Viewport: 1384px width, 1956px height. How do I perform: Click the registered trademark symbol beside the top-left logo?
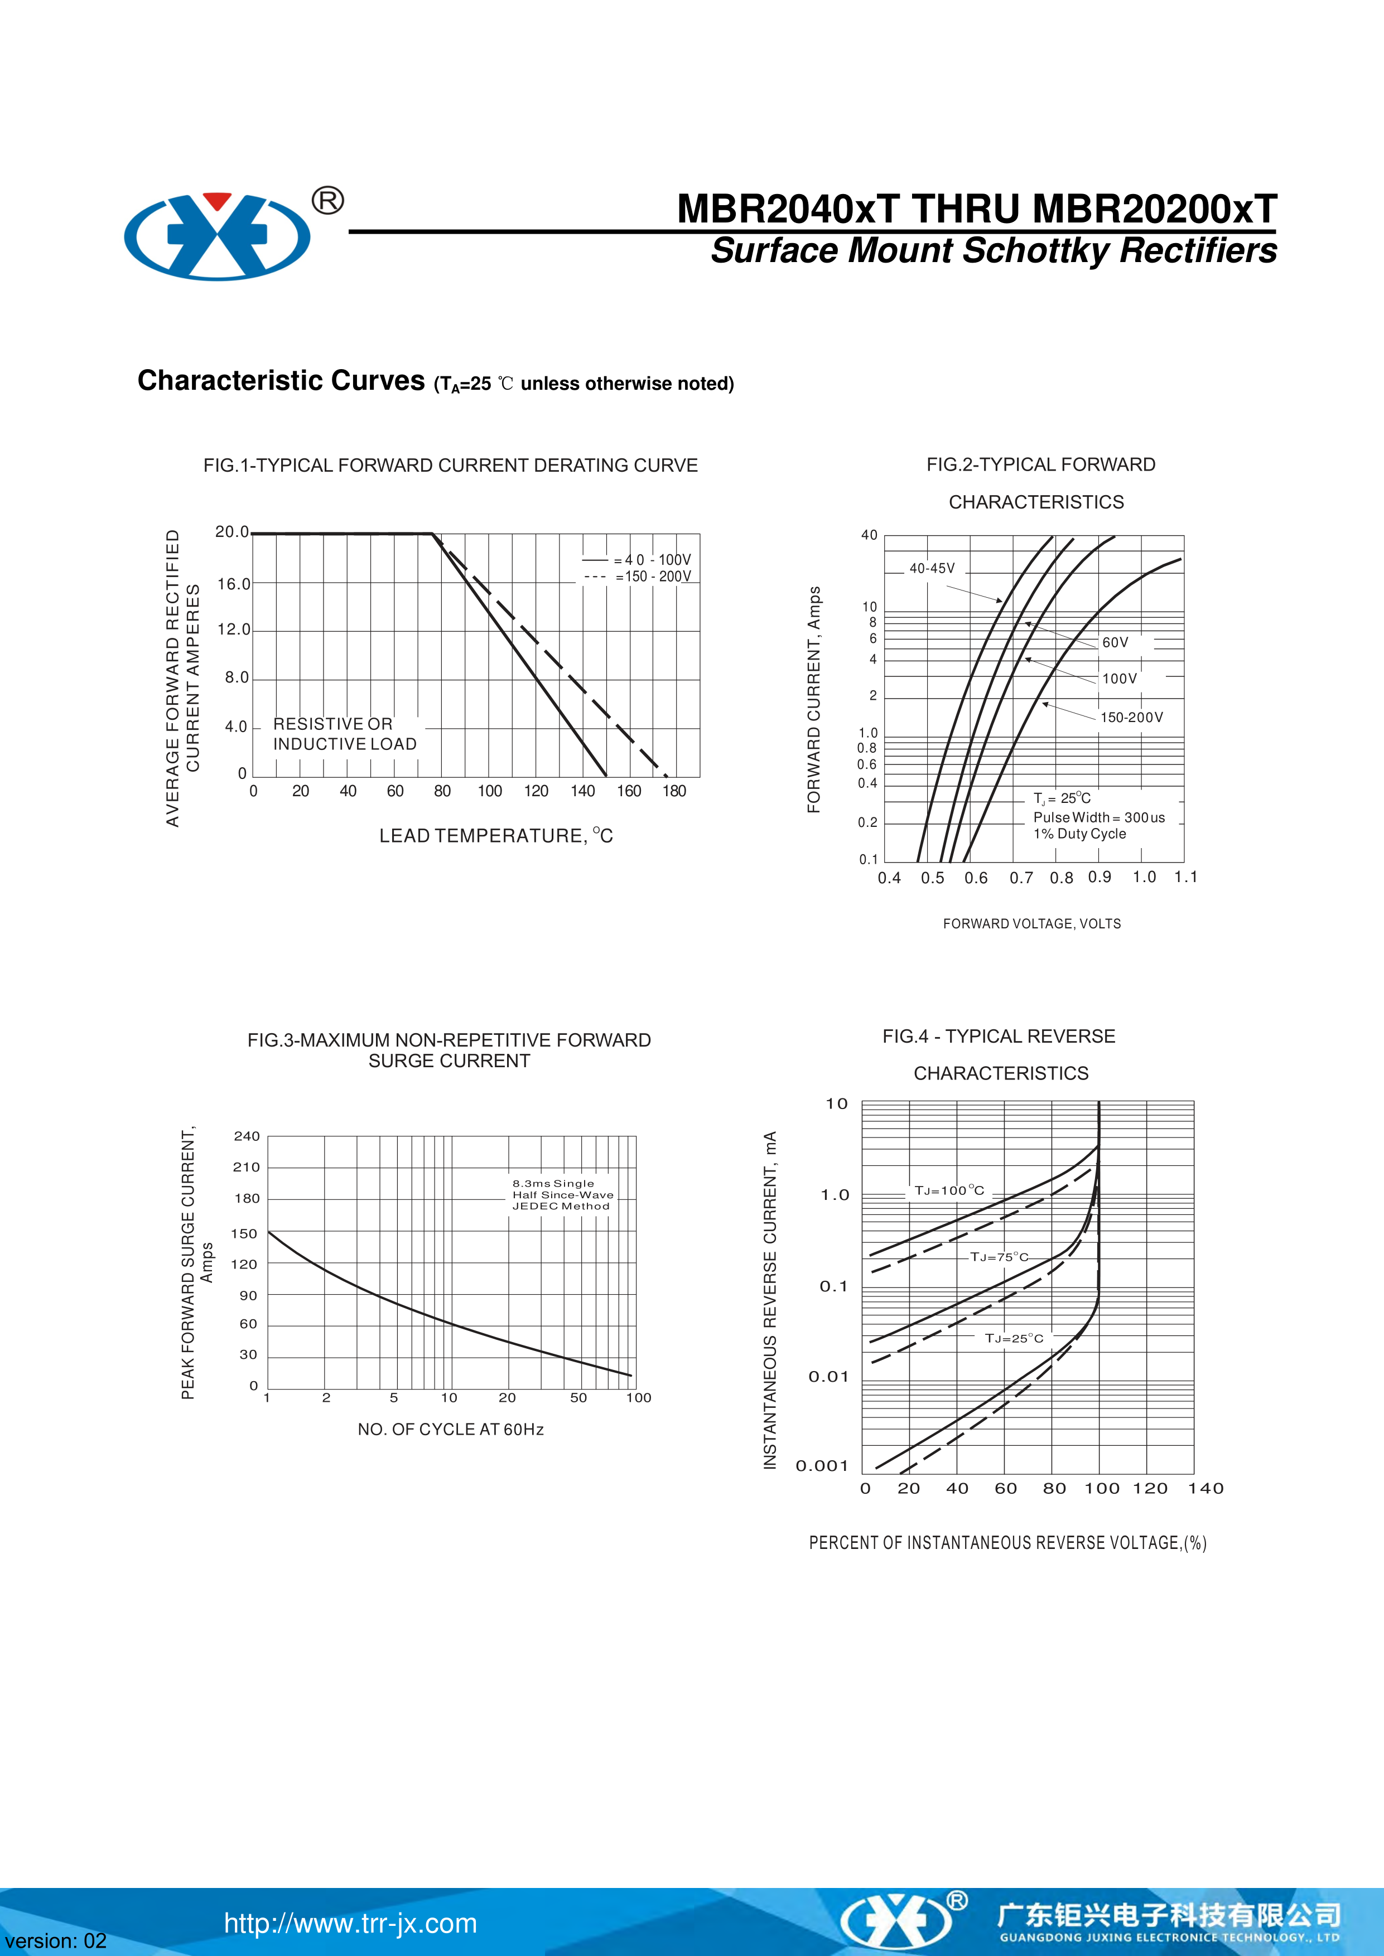point(328,201)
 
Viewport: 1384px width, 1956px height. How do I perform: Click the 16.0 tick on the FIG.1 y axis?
point(234,584)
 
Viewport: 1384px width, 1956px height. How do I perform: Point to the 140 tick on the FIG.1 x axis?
point(583,791)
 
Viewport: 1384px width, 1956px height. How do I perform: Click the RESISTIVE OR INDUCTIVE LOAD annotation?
point(344,734)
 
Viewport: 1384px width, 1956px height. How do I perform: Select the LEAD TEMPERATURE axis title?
point(496,836)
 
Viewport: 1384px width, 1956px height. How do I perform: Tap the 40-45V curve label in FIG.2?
point(932,568)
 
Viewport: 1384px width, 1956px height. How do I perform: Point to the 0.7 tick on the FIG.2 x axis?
point(1021,878)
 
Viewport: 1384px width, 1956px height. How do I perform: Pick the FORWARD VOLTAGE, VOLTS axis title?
point(1031,923)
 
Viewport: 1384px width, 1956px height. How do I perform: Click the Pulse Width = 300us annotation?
point(1098,817)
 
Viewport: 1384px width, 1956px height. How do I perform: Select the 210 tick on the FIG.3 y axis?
point(247,1167)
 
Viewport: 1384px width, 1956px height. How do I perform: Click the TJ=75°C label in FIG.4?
point(999,1257)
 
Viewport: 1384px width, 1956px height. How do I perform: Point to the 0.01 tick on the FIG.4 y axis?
point(828,1377)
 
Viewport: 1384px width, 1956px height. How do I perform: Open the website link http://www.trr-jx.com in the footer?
point(350,1924)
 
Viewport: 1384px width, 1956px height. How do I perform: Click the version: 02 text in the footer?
point(55,1940)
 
